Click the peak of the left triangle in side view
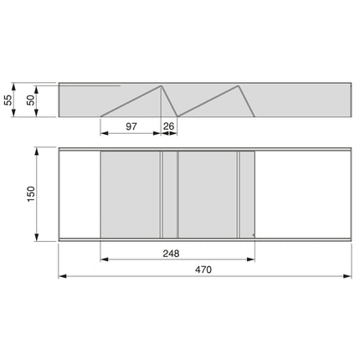(x=161, y=87)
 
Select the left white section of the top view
(x=79, y=194)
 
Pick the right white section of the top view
(x=301, y=194)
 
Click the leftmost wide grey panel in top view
(x=129, y=194)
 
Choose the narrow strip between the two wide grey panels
(x=169, y=194)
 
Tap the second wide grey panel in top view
(x=208, y=194)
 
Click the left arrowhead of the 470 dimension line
(x=60, y=275)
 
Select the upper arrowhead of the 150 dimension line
(x=39, y=151)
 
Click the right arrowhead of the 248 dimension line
(x=254, y=260)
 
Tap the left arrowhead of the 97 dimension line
(x=102, y=133)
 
